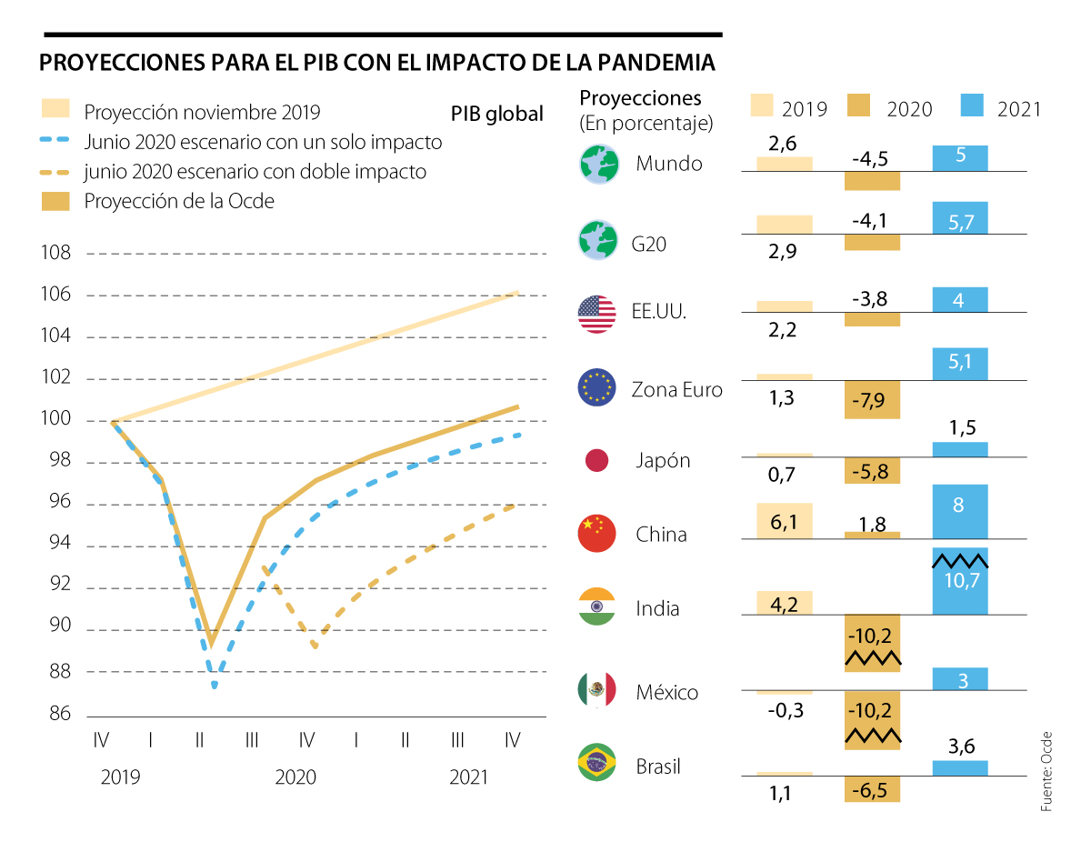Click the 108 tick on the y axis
click(x=56, y=253)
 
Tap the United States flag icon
click(x=597, y=314)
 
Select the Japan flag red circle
click(x=597, y=461)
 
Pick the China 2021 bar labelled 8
click(x=960, y=511)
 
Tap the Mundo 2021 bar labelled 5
click(x=960, y=157)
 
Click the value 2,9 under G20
click(x=782, y=252)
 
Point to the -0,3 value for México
click(x=782, y=711)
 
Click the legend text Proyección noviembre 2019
click(x=202, y=113)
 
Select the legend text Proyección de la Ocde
click(x=179, y=201)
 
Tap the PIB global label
click(x=497, y=114)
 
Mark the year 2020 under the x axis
click(x=295, y=777)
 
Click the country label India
click(x=657, y=609)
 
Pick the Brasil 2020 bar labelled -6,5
click(x=872, y=788)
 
